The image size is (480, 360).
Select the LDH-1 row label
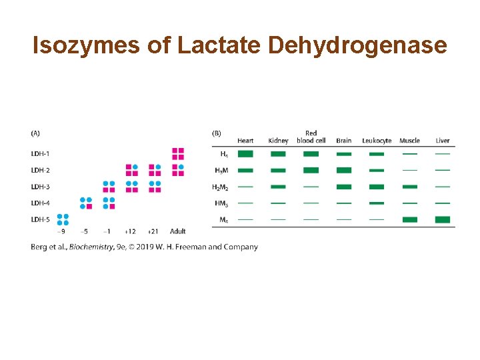40,154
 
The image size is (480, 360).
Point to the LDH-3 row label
40,187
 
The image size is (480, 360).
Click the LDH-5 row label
40,219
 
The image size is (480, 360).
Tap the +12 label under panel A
131,231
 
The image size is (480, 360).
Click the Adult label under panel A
177,231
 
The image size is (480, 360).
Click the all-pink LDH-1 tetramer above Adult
178,153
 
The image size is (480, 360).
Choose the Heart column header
245,141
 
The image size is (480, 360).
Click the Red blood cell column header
311,137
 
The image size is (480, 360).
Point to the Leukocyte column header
377,141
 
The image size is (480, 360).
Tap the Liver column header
443,141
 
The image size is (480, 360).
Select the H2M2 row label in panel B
220,187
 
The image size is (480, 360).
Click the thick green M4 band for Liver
443,219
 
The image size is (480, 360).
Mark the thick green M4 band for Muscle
409,219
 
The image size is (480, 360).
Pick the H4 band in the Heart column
245,154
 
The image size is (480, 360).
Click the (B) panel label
217,133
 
